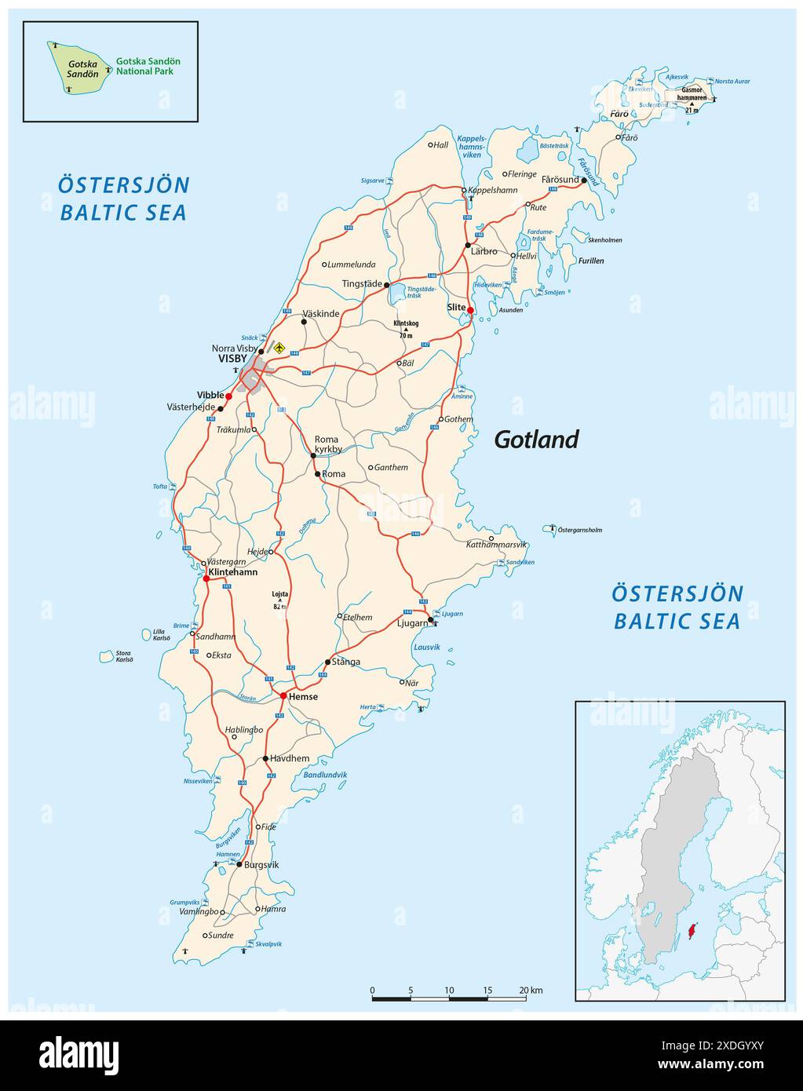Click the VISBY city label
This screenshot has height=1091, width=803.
232,359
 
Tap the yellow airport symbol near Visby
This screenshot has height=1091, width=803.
279,346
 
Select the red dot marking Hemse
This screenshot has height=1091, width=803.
283,695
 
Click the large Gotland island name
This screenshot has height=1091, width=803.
536,440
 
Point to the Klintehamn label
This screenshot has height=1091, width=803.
233,572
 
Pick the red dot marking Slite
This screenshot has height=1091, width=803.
470,310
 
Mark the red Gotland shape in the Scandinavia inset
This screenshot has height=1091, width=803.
692,932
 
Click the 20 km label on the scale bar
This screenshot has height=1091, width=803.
531,991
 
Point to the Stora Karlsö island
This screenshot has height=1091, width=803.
107,656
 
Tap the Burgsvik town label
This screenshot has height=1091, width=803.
261,864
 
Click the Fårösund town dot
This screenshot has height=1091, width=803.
584,180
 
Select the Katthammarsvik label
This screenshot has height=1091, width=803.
497,544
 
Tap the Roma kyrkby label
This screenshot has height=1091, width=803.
328,444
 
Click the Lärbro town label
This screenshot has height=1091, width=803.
484,251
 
